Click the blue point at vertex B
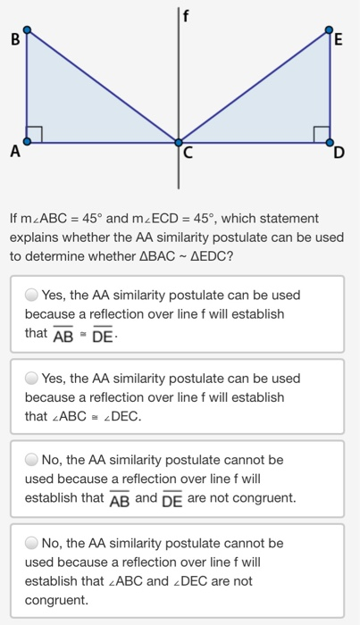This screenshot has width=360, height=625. [27, 30]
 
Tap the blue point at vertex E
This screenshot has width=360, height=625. [331, 30]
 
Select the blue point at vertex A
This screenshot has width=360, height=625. [27, 141]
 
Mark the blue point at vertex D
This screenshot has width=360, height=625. [331, 141]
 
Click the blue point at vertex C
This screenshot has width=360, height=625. [179, 141]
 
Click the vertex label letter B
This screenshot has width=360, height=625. [13, 39]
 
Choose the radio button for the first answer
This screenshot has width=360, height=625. [32, 295]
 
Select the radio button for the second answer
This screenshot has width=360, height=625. [32, 378]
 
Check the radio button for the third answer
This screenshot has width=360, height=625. [32, 460]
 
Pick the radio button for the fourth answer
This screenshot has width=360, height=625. [32, 543]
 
